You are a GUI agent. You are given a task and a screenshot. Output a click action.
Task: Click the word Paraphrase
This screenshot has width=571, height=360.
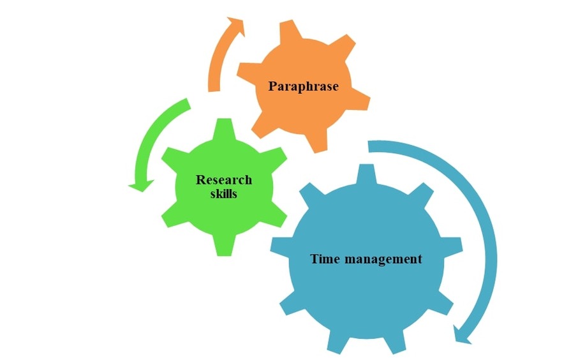click(x=303, y=86)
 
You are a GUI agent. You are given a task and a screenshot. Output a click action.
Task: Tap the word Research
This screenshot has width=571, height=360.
click(x=224, y=179)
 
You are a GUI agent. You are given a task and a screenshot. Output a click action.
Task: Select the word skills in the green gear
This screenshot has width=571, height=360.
click(x=223, y=193)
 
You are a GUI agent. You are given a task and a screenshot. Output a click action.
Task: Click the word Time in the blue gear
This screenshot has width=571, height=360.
click(x=325, y=259)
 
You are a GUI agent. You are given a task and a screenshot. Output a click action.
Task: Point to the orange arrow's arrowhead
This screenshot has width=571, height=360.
click(x=236, y=26)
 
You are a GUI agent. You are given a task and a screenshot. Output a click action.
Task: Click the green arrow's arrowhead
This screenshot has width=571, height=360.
click(x=141, y=186)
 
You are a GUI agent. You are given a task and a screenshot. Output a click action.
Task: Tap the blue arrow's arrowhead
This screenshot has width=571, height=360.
click(x=462, y=334)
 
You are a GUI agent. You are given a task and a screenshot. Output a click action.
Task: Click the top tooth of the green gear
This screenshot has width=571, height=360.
click(x=224, y=129)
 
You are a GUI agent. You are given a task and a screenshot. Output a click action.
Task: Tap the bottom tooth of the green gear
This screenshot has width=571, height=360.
click(x=223, y=246)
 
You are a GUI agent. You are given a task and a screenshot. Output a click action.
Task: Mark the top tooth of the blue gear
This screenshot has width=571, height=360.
click(x=366, y=174)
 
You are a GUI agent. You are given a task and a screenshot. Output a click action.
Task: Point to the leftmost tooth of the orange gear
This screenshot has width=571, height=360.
click(x=248, y=72)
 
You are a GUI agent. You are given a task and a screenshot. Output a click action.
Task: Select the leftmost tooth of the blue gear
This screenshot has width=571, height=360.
click(x=281, y=245)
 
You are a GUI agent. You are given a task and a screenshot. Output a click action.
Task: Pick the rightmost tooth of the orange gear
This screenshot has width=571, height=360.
click(x=359, y=99)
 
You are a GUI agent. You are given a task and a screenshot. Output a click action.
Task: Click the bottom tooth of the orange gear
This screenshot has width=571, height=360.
click(x=316, y=141)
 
